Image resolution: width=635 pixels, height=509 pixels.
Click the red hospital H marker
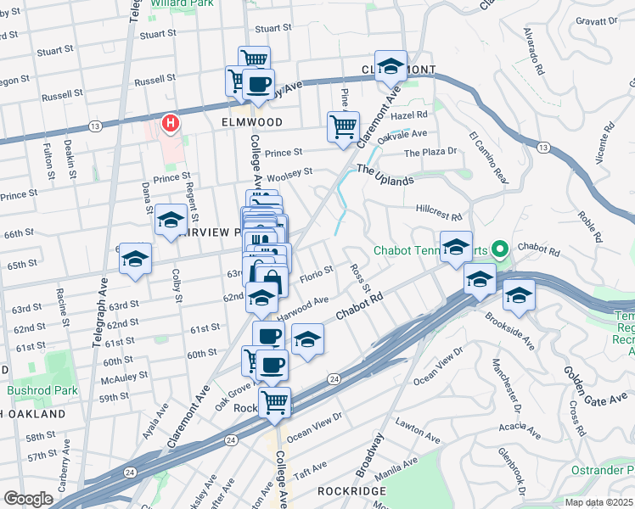click(171, 124)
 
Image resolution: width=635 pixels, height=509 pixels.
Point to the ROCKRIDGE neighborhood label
click(351, 491)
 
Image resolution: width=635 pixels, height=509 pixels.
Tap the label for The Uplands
click(385, 175)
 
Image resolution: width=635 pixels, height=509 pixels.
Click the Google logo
click(28, 499)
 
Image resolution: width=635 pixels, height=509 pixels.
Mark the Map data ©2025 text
click(598, 501)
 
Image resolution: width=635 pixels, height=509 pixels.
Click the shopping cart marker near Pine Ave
click(342, 127)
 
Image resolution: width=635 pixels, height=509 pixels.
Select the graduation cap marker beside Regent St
click(171, 221)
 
